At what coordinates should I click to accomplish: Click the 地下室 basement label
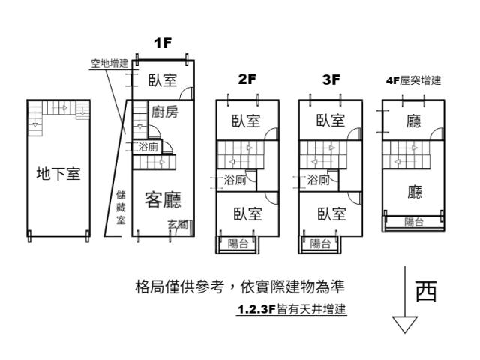point(58,173)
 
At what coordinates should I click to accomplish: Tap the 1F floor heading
point(163,43)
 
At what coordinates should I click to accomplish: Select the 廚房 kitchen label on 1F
point(165,112)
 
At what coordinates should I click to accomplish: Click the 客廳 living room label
point(163,199)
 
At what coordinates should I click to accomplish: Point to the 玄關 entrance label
point(178,225)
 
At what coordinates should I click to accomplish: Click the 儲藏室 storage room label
point(121,208)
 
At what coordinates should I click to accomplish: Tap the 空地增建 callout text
point(109,63)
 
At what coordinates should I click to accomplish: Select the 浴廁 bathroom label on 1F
point(148,147)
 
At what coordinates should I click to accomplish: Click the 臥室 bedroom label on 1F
point(163,80)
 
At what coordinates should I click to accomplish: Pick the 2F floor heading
point(247,79)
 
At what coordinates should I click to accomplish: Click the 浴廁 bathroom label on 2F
point(235,180)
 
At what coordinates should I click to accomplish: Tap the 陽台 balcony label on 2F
point(238,244)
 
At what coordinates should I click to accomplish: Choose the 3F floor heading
point(331,79)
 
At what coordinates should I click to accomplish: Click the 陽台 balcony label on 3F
point(320,244)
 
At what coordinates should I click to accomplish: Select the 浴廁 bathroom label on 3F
point(318,180)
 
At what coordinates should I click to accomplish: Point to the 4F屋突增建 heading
point(413,80)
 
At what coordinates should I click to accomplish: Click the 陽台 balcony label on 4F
point(414,222)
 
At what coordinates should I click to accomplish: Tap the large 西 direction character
point(426,290)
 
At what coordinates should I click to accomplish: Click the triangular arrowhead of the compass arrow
point(405,325)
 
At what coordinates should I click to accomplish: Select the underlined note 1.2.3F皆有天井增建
point(292,309)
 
